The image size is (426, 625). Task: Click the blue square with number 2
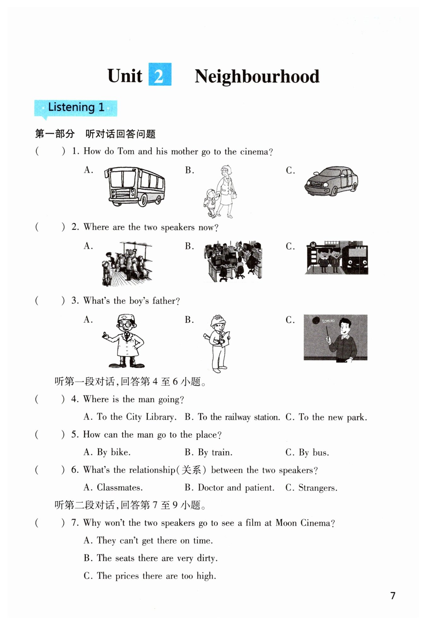point(160,74)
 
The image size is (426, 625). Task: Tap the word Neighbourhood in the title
point(257,76)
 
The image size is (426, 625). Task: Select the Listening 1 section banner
point(76,108)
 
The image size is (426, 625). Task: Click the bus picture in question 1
point(135,186)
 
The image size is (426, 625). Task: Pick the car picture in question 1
point(331,181)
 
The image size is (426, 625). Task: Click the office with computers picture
point(233,262)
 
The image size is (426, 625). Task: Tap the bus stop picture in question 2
point(336,258)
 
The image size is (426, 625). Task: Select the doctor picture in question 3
point(125,341)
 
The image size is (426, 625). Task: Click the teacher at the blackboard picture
point(335,337)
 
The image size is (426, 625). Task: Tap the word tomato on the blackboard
point(328,321)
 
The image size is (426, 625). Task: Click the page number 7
point(393,596)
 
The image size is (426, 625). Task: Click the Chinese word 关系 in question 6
point(191,470)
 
